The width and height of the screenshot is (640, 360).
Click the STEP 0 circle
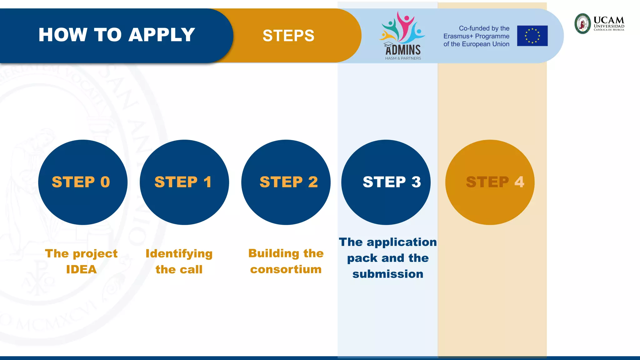(x=83, y=182)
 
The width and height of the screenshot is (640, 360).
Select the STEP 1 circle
(x=184, y=182)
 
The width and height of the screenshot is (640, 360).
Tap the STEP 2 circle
(x=286, y=182)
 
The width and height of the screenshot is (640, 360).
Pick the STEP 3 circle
(x=386, y=182)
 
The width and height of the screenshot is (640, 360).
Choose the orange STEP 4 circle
(x=490, y=182)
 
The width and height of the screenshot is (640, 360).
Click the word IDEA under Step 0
(x=81, y=269)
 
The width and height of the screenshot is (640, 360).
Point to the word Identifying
(x=179, y=253)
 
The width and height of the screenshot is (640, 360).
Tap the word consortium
(x=286, y=269)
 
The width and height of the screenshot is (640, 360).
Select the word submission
(x=388, y=274)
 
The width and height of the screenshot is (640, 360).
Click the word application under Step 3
(x=402, y=242)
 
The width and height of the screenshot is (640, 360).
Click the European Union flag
(x=532, y=36)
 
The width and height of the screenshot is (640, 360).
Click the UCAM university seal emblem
(x=583, y=23)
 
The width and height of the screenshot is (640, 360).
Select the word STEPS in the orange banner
(x=288, y=36)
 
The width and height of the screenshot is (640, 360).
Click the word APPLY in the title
(x=162, y=35)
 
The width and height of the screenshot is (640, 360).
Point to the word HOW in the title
(x=63, y=35)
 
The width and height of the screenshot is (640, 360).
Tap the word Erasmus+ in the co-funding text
(x=458, y=36)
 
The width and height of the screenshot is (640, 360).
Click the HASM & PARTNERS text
(x=403, y=58)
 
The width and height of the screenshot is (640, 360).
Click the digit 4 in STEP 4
(x=519, y=182)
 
